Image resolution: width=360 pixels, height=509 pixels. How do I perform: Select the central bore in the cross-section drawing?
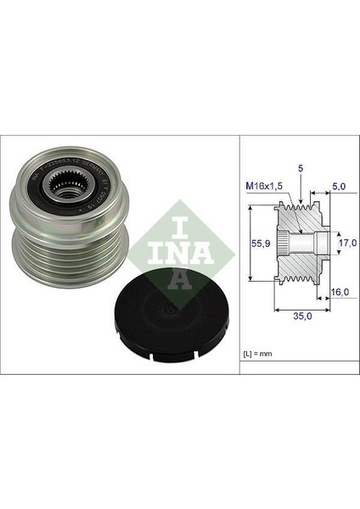(x=297, y=242)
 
